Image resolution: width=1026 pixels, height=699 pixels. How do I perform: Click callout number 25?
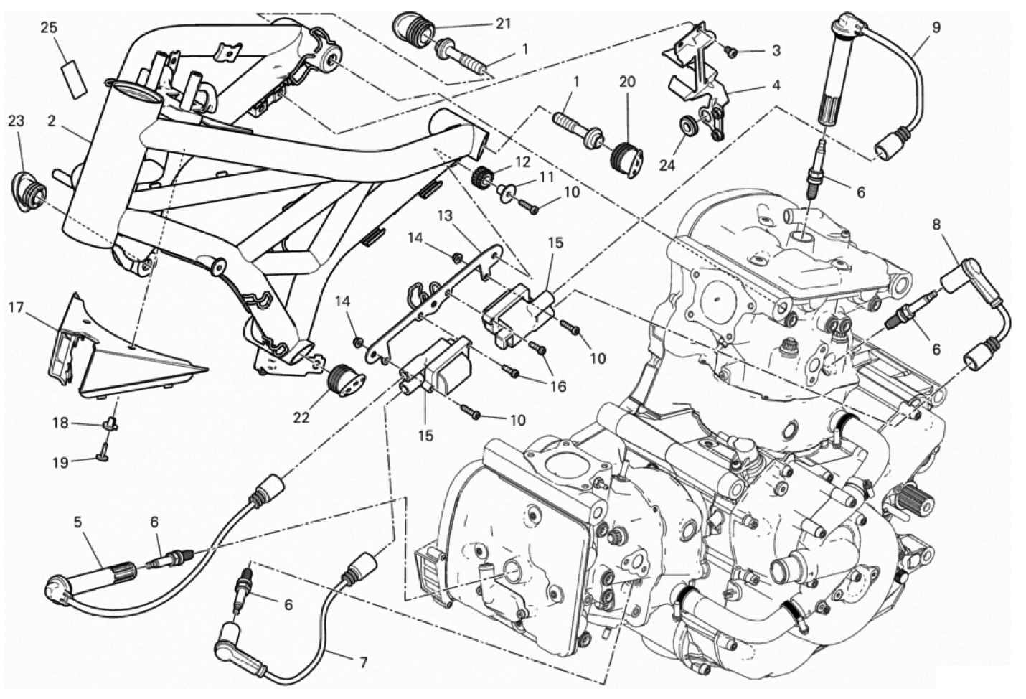click(48, 29)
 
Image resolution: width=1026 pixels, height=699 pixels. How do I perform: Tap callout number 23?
click(17, 121)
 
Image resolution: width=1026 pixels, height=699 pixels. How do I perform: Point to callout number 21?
click(503, 24)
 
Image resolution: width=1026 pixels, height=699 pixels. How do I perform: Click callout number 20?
click(627, 83)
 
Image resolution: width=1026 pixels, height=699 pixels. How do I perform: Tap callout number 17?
click(17, 309)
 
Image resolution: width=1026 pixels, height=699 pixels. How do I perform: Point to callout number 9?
click(936, 28)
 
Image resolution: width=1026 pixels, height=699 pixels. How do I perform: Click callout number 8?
click(936, 224)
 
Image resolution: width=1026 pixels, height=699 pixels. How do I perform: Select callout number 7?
click(364, 662)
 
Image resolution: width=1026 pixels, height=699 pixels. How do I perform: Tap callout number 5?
click(77, 523)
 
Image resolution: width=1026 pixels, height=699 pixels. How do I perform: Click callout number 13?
click(444, 215)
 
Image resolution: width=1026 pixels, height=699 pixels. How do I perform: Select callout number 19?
click(60, 463)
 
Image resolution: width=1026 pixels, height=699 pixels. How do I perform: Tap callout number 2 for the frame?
click(52, 121)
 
